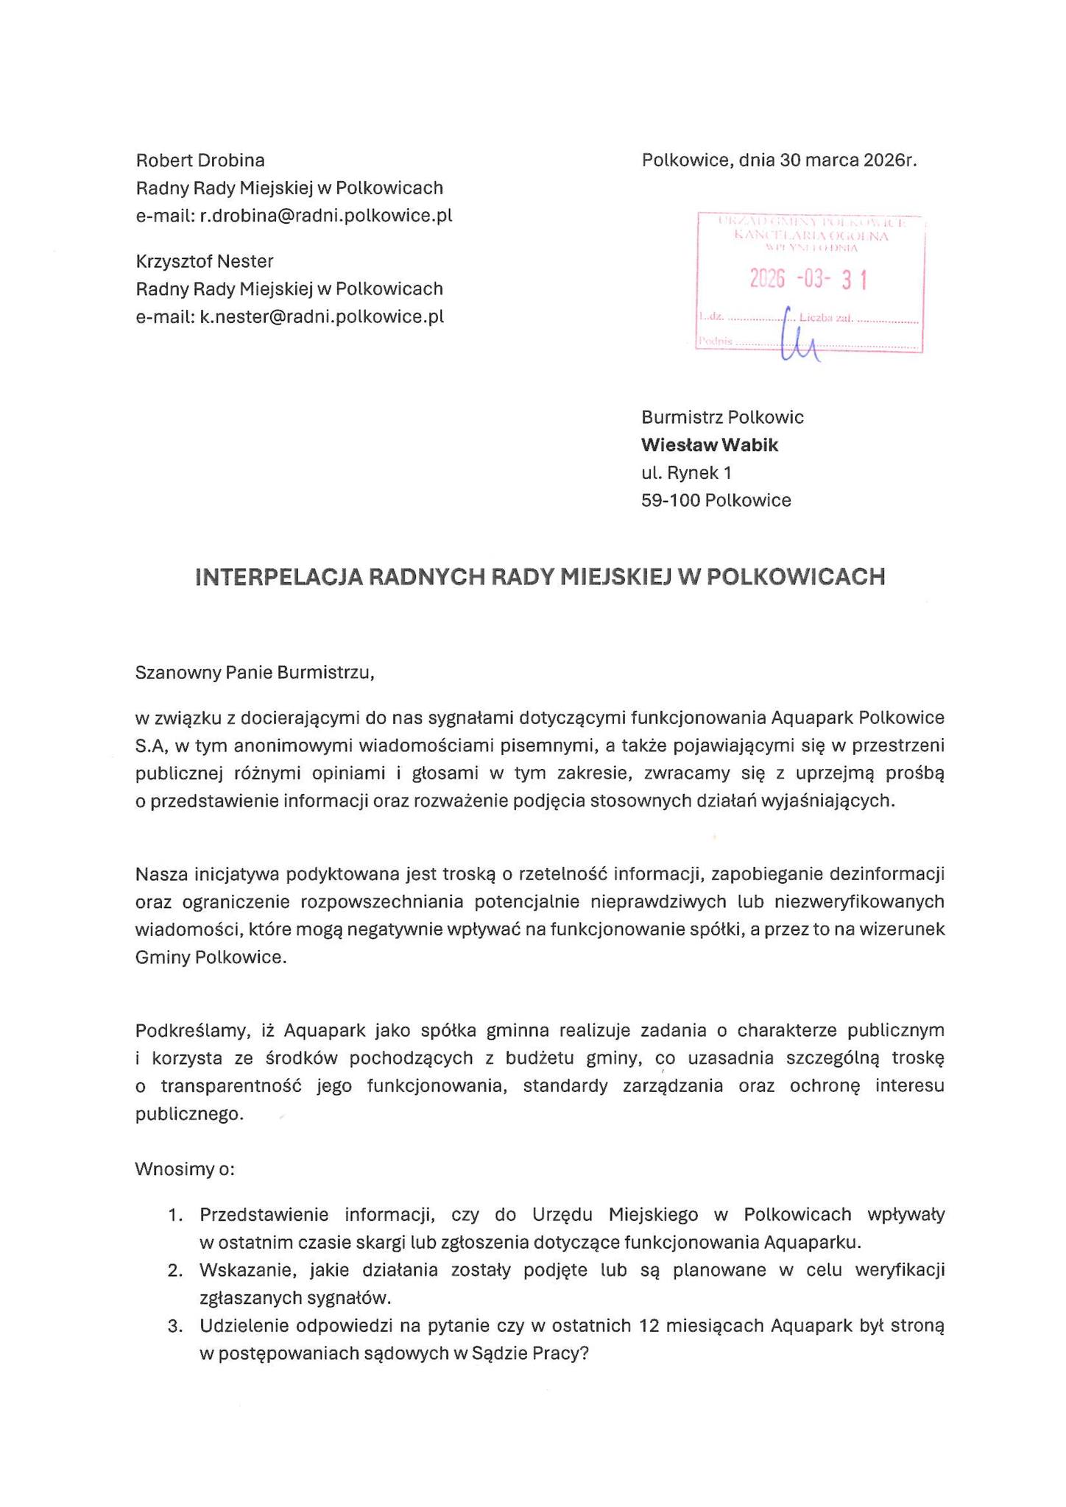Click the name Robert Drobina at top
[200, 160]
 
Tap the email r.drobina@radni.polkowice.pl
[326, 216]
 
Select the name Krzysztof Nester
[205, 261]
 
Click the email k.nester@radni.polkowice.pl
[322, 317]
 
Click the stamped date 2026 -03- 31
[808, 280]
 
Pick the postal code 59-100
[670, 500]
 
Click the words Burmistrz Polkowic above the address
[722, 417]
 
